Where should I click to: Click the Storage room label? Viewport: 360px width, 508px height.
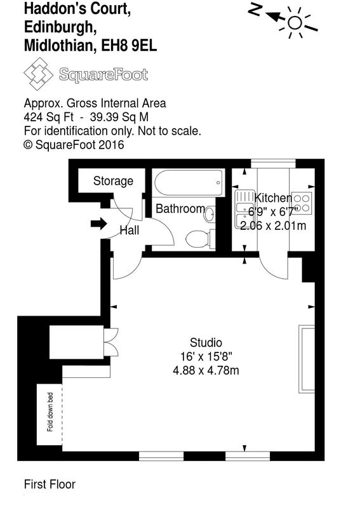point(113,181)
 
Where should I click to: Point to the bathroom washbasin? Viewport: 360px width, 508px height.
point(210,214)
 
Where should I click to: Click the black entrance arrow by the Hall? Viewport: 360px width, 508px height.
point(98,224)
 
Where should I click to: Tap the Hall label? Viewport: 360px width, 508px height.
point(130,231)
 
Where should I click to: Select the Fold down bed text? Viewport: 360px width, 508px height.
point(50,411)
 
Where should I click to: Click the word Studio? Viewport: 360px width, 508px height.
point(206,342)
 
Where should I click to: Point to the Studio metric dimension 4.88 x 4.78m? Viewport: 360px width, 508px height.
point(206,370)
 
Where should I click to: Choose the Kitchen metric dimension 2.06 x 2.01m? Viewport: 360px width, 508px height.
point(273,225)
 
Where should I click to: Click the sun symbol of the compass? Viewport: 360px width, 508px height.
point(294,23)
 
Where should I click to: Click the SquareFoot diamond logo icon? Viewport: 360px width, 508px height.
point(38,74)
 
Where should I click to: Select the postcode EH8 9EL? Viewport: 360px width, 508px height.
point(129,46)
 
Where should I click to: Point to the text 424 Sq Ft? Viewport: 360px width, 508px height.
point(49,117)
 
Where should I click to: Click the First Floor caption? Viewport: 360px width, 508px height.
point(50,485)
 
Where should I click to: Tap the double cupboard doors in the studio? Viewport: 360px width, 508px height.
point(112,342)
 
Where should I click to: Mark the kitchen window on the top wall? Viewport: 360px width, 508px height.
point(273,163)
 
